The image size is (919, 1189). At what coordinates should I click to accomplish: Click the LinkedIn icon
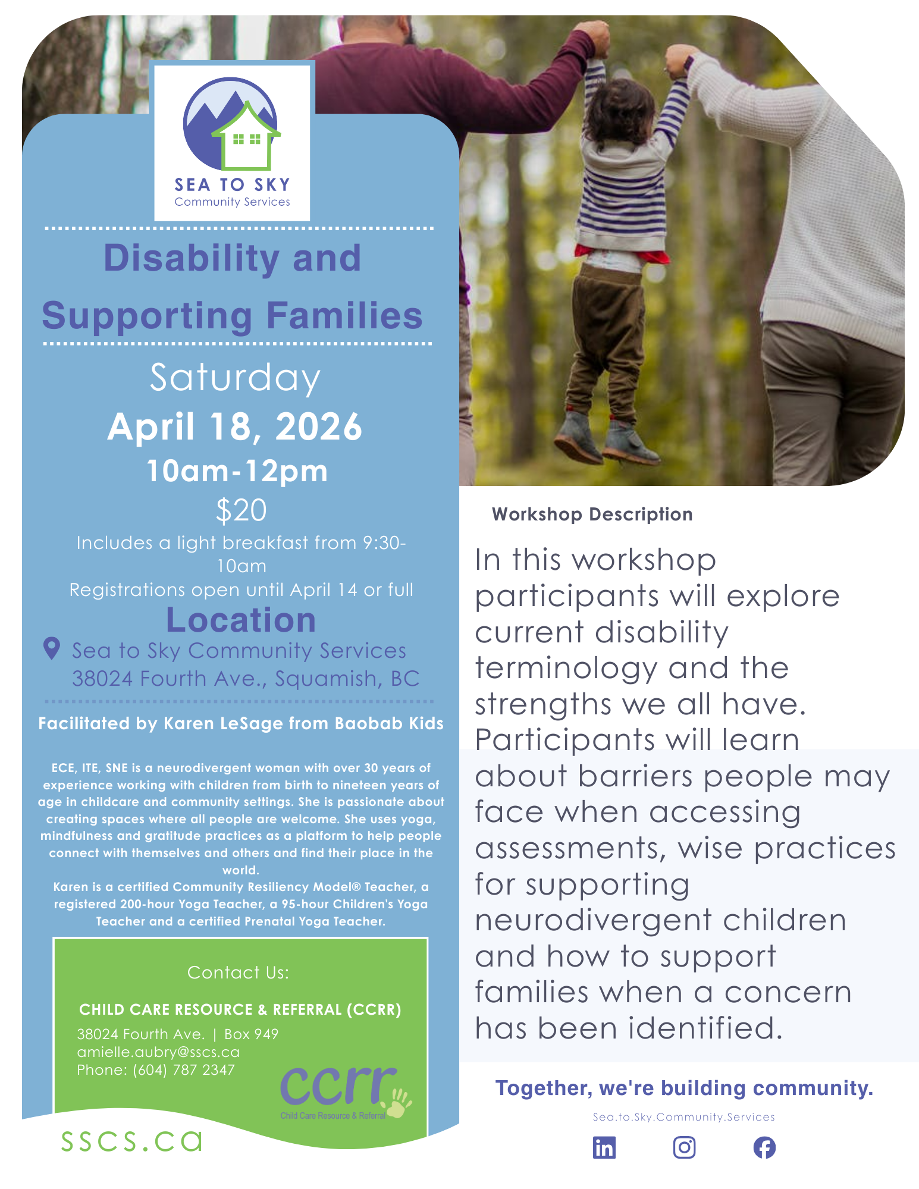604,1147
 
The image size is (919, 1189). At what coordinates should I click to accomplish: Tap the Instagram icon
684,1147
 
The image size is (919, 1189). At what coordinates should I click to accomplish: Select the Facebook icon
764,1147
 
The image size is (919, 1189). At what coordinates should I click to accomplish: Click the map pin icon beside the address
52,649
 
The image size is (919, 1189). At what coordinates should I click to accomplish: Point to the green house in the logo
246,139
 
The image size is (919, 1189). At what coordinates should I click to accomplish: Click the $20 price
241,510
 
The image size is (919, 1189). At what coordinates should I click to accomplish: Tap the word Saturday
235,378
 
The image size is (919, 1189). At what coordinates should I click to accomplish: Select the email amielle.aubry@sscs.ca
158,1052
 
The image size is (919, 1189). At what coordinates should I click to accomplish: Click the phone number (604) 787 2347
184,1070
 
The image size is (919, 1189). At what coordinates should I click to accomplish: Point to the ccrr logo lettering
338,1086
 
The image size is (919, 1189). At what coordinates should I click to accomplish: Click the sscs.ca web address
131,1141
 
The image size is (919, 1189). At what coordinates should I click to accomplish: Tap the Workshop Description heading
592,514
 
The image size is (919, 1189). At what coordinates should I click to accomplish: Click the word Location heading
241,620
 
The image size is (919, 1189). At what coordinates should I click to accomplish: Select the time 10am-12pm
237,470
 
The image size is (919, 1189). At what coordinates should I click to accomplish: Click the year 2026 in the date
319,427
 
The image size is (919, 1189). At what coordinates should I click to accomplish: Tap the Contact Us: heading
238,972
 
